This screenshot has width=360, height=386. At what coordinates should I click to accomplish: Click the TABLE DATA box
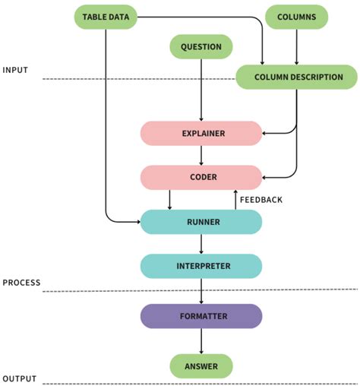pyautogui.click(x=105, y=17)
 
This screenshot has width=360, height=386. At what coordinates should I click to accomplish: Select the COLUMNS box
pyautogui.click(x=296, y=17)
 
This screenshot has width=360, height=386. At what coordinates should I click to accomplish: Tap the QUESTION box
pyautogui.click(x=201, y=47)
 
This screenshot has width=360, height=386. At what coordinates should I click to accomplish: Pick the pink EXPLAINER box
pyautogui.click(x=201, y=133)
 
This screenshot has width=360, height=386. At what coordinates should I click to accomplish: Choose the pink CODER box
pyautogui.click(x=201, y=177)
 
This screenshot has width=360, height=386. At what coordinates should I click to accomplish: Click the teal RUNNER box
pyautogui.click(x=201, y=222)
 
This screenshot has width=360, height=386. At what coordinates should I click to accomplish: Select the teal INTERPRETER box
pyautogui.click(x=201, y=266)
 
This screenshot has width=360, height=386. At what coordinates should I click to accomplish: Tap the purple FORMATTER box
pyautogui.click(x=201, y=316)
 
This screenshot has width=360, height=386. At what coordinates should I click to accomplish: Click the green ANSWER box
pyautogui.click(x=201, y=366)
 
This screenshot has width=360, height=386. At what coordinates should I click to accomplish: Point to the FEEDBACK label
pyautogui.click(x=261, y=200)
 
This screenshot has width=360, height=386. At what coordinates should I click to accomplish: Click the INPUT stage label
pyautogui.click(x=16, y=70)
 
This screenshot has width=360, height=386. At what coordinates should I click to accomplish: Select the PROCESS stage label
pyautogui.click(x=21, y=282)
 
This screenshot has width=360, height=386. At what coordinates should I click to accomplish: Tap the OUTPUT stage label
pyautogui.click(x=19, y=378)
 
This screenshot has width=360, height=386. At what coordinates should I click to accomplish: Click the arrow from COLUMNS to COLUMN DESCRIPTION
pyautogui.click(x=296, y=47)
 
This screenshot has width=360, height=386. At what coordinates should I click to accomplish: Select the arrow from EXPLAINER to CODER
pyautogui.click(x=201, y=155)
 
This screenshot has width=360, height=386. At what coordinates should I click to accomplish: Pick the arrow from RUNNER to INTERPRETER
pyautogui.click(x=201, y=244)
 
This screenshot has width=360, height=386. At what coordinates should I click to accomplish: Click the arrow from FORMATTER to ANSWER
pyautogui.click(x=201, y=341)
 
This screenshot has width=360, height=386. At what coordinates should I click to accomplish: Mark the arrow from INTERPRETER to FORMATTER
pyautogui.click(x=201, y=291)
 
